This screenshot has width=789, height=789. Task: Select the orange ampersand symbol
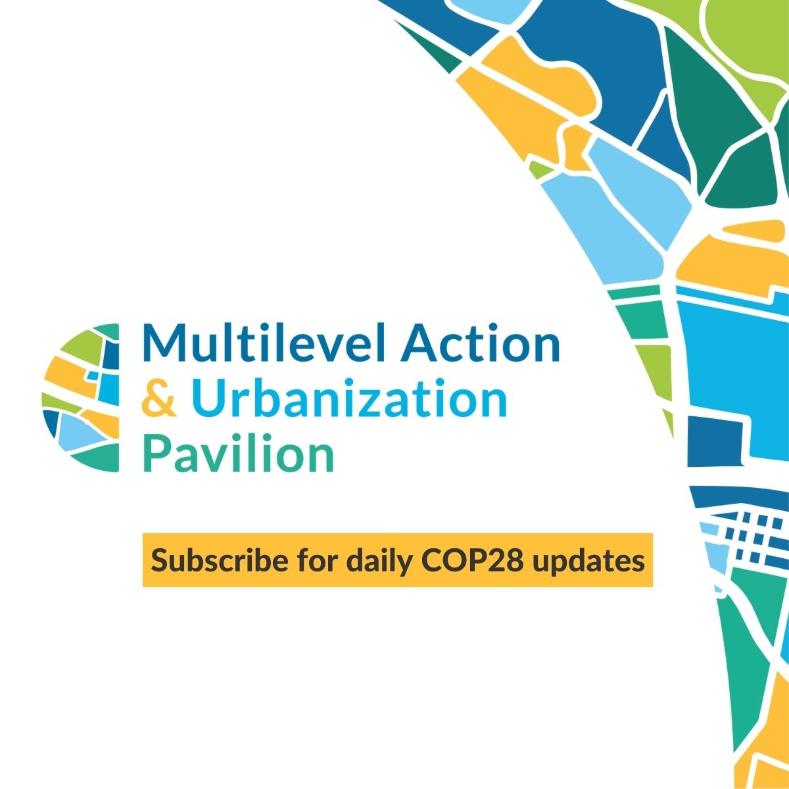pyautogui.click(x=159, y=398)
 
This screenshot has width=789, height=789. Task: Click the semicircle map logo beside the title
pyautogui.click(x=81, y=398)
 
